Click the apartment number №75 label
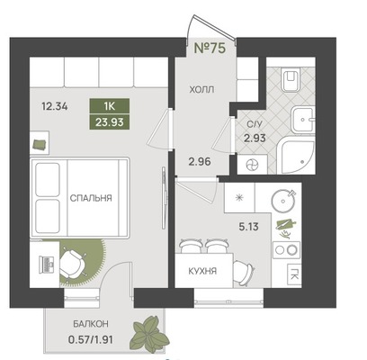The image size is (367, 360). pos(210,48)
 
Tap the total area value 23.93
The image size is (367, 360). pos(110,121)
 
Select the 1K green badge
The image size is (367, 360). pos(110,106)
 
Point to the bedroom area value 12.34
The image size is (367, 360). pos(55,106)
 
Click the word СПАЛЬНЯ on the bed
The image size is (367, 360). pos(91,198)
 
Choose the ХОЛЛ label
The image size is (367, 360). pos(201,89)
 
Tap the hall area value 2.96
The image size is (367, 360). pos(200,162)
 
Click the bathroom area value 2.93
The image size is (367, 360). pos(255,139)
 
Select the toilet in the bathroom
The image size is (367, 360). pos(291,78)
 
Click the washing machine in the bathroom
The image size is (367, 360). pos(252,165)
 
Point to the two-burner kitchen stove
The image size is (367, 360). pos(286,249)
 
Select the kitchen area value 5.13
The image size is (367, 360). pos(248,227)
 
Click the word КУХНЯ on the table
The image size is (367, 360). pos(202,272)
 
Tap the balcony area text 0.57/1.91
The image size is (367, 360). pos(91,340)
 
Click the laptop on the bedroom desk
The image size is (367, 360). pos(46,265)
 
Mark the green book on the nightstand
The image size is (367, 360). pos(39,145)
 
